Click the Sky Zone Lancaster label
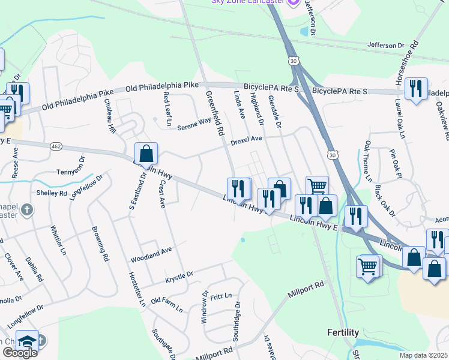247,2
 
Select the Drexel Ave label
247,139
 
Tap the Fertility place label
343,332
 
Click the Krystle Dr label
179,277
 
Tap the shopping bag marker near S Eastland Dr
146,154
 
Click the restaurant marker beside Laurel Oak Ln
415,89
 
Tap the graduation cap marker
27,341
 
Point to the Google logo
19,353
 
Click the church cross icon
26,210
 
